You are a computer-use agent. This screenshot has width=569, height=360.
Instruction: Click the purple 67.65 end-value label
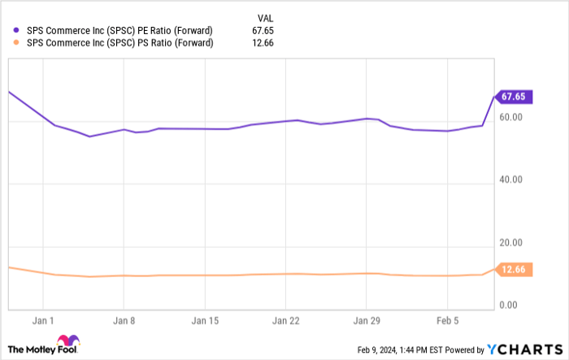515,97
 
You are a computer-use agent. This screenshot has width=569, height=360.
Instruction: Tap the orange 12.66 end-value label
515,271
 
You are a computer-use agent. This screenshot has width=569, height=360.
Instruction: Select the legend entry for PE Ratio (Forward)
119,31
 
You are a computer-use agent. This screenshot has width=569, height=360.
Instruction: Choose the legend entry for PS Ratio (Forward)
119,43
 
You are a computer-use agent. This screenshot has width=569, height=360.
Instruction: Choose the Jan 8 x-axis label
123,319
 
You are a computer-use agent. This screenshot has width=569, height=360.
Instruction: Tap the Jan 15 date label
206,319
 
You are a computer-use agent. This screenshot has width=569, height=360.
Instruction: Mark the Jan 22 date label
287,319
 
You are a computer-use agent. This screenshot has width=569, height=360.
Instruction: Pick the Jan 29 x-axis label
367,319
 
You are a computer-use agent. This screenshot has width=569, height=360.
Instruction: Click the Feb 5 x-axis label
448,319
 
